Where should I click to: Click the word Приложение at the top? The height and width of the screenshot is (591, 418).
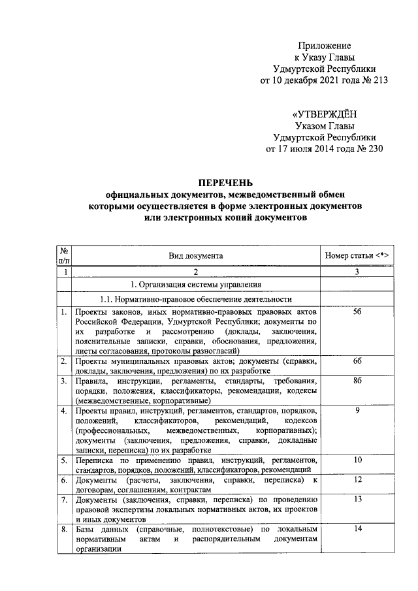pos(325,46)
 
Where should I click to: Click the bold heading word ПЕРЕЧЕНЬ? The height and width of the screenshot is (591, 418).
pos(225,183)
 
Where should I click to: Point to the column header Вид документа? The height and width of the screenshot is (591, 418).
pos(195,255)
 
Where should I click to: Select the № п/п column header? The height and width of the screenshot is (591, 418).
pos(64,255)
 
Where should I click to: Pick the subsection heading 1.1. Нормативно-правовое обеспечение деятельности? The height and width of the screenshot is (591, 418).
pos(195,299)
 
